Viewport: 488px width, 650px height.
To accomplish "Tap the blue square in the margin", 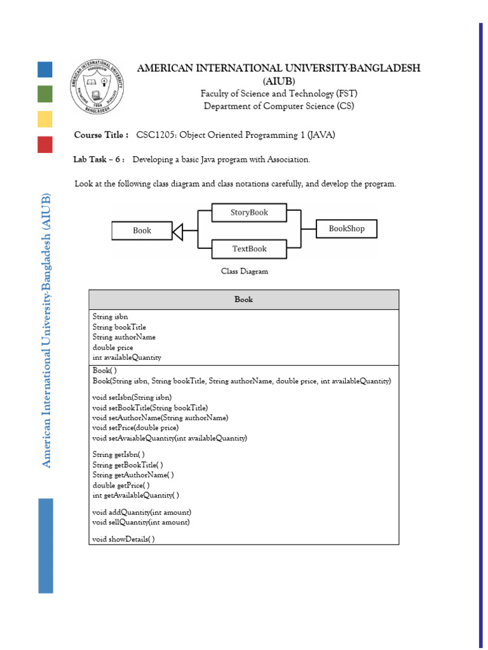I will coord(44,69).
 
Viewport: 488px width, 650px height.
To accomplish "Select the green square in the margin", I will coord(44,94).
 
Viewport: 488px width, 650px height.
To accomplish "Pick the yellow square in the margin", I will coord(44,119).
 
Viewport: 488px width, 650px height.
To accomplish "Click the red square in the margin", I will coord(44,144).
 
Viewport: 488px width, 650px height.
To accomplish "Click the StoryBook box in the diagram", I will coord(249,213).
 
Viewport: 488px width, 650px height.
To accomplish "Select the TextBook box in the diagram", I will coord(249,249).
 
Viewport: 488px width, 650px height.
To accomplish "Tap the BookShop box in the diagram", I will coord(346,229).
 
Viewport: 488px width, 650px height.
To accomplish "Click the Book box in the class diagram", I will coord(142,230).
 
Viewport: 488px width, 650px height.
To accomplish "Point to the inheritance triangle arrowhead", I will coord(177,232).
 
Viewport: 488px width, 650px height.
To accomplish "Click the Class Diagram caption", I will coord(244,271).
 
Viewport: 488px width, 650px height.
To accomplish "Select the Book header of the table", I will coord(243,299).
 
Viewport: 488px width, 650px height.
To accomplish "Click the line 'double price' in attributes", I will coord(113,347).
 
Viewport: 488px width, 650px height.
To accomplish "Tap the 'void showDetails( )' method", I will coord(123,539).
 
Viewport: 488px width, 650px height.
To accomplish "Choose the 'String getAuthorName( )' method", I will coord(133,474).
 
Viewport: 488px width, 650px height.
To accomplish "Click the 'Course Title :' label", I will coord(102,135).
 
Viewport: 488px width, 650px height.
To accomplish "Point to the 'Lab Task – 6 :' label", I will coord(99,159).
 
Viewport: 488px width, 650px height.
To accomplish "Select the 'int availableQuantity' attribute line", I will coord(126,357).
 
